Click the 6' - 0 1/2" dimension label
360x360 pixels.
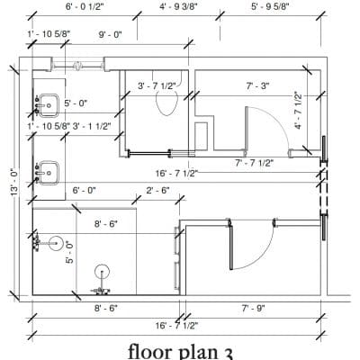click(85, 6)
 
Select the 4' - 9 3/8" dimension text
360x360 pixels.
click(178, 6)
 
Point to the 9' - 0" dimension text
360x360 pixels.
click(111, 34)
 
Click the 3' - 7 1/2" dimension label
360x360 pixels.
click(157, 86)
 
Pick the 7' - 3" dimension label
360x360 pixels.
click(257, 85)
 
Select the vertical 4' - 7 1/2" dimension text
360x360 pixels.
click(298, 110)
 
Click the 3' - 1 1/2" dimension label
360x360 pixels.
click(92, 126)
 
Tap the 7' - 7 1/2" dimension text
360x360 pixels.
click(255, 163)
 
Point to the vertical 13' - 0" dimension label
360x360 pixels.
click(14, 184)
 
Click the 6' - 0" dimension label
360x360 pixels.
click(84, 190)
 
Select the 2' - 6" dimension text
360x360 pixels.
click(157, 190)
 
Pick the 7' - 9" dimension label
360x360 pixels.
click(254, 308)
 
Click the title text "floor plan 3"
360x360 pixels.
click(181, 352)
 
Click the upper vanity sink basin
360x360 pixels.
click(49, 105)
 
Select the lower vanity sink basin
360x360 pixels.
click(49, 173)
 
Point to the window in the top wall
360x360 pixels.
click(77, 65)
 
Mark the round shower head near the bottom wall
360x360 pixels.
click(102, 272)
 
